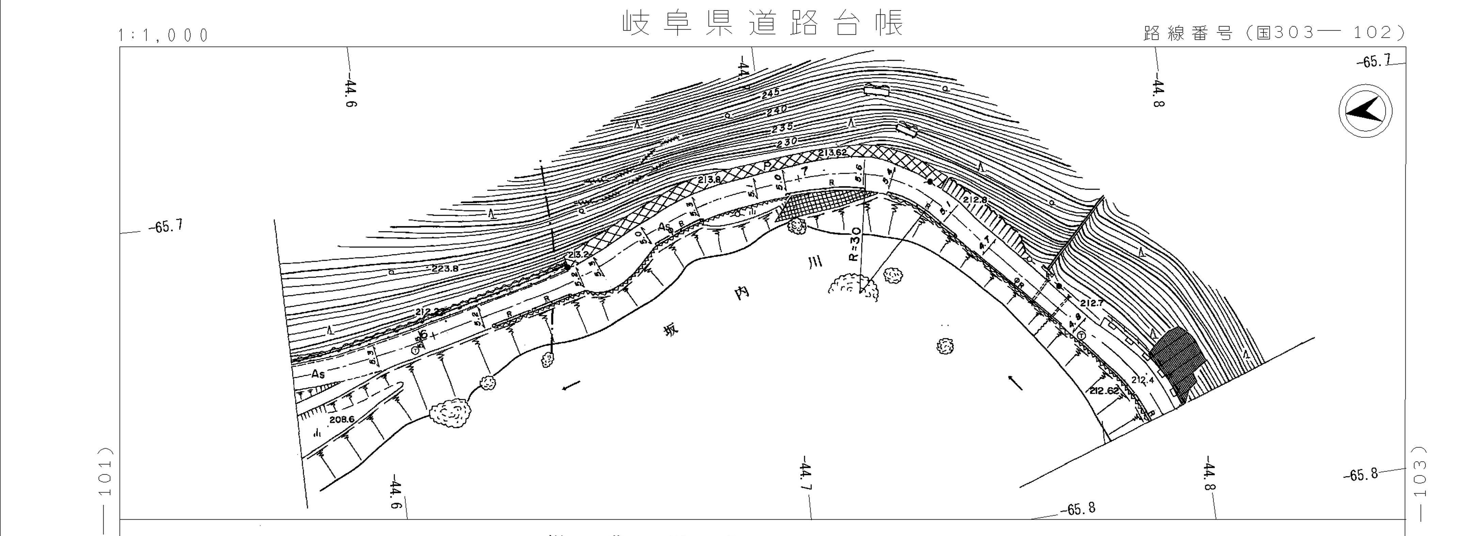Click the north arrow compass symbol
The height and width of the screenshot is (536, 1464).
(1365, 110)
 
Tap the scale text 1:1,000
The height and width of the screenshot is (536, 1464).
(163, 35)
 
